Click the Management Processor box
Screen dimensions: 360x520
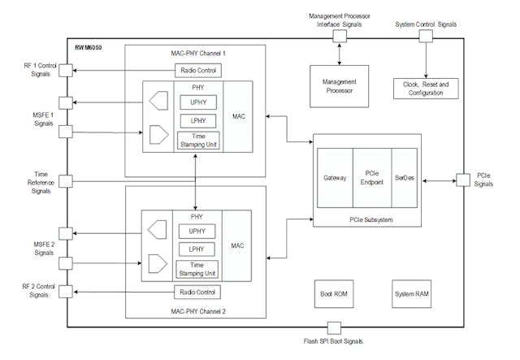338,86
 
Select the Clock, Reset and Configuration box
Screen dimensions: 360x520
427,88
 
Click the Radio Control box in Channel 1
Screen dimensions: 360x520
196,72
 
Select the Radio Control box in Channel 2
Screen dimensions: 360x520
196,292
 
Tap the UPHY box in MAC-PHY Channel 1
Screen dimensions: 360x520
197,104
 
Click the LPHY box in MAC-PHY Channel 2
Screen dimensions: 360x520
197,248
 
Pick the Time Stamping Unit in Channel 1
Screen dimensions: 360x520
197,141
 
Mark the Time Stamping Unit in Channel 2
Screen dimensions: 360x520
197,268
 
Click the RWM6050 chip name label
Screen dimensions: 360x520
89,47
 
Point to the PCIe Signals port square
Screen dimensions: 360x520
463,179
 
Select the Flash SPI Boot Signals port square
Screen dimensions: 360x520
332,327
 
